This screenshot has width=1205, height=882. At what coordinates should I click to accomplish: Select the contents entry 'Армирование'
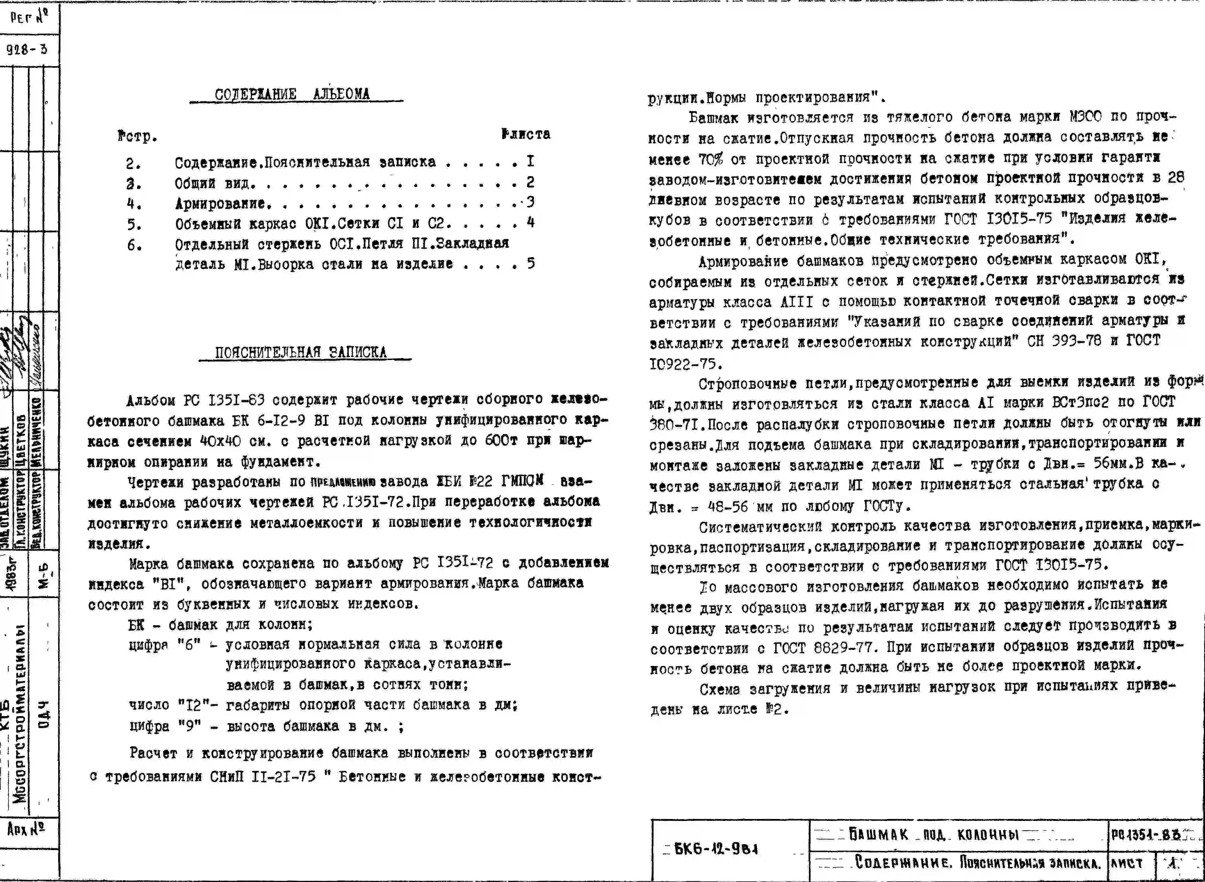[x=220, y=204]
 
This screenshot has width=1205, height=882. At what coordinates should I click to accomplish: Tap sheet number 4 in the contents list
[x=530, y=222]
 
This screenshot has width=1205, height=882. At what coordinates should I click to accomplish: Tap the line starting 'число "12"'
[x=323, y=705]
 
